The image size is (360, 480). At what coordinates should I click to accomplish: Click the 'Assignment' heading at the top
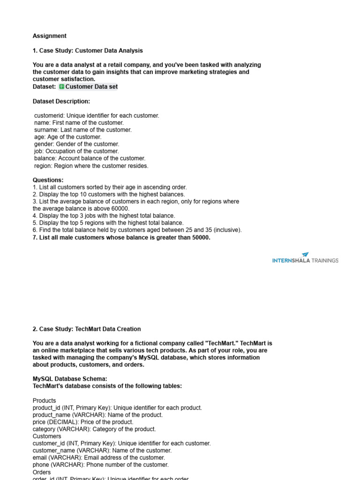pyautogui.click(x=50, y=36)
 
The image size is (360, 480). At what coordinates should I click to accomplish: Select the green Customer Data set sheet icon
pyautogui.click(x=62, y=87)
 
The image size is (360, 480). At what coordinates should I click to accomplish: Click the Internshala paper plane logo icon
pyautogui.click(x=306, y=255)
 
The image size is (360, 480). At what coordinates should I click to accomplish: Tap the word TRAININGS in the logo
pyautogui.click(x=325, y=261)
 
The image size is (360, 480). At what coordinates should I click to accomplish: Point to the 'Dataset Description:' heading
pyautogui.click(x=61, y=101)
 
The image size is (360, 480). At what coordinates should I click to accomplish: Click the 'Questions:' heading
pyautogui.click(x=48, y=180)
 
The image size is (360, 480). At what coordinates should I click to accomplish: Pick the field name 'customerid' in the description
pyautogui.click(x=49, y=115)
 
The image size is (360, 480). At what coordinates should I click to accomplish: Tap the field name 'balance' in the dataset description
pyautogui.click(x=45, y=158)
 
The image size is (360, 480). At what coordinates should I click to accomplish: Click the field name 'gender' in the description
pyautogui.click(x=44, y=144)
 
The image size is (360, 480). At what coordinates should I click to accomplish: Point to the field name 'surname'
pyautogui.click(x=46, y=130)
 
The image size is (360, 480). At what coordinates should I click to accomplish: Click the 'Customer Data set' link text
pyautogui.click(x=91, y=87)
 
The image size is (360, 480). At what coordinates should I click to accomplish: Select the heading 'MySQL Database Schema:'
pyautogui.click(x=70, y=379)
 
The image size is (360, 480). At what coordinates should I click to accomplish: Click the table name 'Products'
pyautogui.click(x=45, y=401)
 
